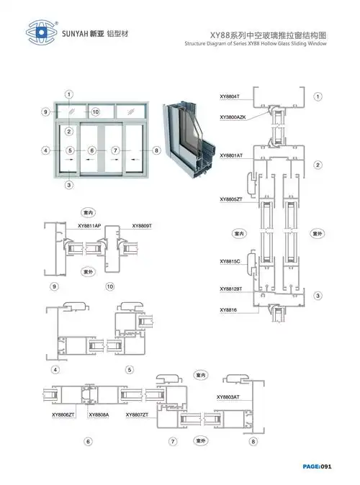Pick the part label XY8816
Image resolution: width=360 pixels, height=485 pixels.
(x=228, y=309)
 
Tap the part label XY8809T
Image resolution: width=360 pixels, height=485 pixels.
(x=142, y=225)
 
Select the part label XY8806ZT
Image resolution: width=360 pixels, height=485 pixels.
(x=63, y=415)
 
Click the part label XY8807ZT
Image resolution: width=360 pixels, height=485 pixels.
(x=137, y=415)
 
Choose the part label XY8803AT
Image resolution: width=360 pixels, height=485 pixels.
(x=228, y=397)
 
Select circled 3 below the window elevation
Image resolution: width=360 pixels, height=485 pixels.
(x=69, y=186)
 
